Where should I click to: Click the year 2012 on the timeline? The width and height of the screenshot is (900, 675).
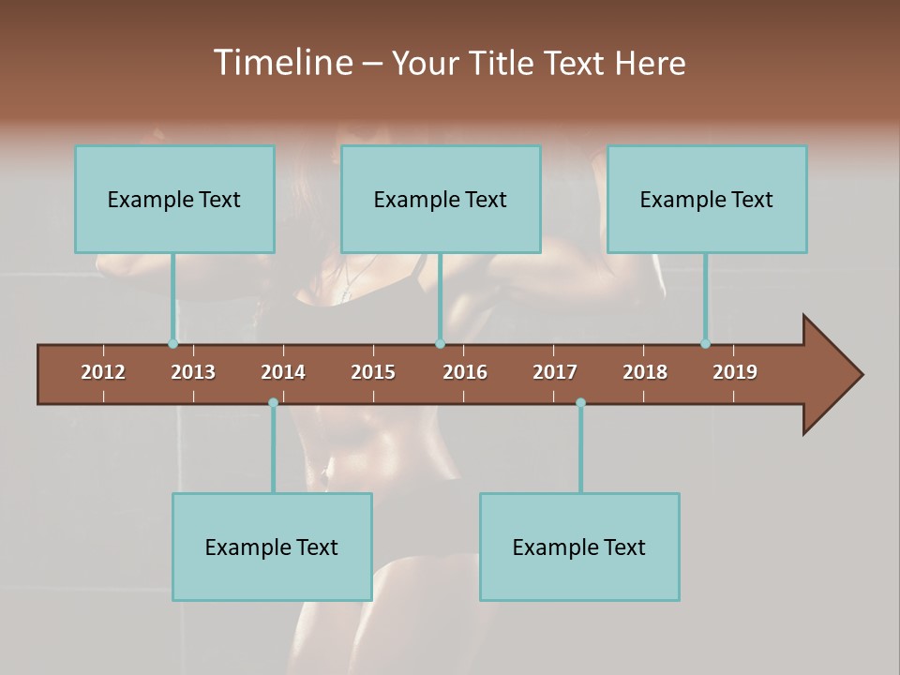(x=103, y=372)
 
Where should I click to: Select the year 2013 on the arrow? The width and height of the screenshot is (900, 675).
(x=193, y=372)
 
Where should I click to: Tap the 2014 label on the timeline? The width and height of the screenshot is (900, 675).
(x=283, y=372)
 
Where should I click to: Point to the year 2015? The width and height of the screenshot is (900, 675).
(x=373, y=372)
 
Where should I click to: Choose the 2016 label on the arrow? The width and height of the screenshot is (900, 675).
(x=465, y=372)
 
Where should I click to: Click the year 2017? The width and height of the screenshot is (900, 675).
(x=555, y=372)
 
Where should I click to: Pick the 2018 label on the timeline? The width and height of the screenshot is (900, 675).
(x=645, y=372)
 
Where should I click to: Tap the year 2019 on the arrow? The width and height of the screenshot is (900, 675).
(x=735, y=372)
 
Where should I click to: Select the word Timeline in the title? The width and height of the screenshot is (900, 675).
(x=282, y=63)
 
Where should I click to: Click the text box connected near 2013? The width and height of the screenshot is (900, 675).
(x=174, y=199)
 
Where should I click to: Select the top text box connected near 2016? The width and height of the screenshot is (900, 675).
(x=441, y=199)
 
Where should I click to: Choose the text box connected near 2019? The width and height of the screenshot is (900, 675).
(x=707, y=199)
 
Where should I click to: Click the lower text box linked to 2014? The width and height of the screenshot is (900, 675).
(x=272, y=547)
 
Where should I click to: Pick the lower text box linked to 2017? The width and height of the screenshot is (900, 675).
(x=579, y=547)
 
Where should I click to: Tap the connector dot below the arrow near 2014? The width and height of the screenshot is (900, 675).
(x=273, y=402)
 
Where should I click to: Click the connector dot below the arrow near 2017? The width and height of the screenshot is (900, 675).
(x=580, y=402)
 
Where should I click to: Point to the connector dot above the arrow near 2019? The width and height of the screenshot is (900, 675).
(x=705, y=343)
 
